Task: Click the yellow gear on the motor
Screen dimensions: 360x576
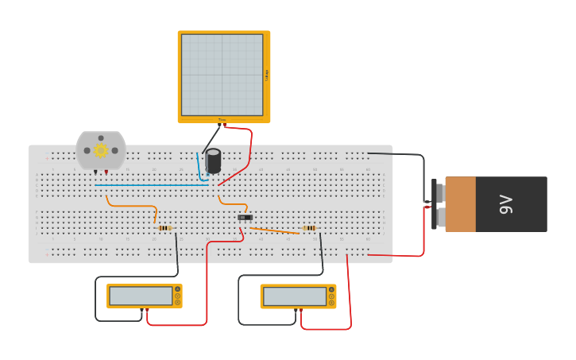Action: coord(101,150)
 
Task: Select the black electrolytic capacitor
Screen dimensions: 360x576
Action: coord(213,161)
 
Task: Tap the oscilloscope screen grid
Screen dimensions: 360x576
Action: coord(222,75)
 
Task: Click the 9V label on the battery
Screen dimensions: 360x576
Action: coord(506,204)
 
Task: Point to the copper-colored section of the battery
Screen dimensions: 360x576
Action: coord(461,204)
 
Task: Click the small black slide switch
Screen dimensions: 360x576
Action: coord(245,217)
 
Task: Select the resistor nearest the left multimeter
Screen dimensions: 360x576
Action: coord(165,228)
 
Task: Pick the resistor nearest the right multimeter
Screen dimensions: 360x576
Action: coord(309,228)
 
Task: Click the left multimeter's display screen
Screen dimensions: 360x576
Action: coord(141,296)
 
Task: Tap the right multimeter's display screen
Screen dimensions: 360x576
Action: coord(294,296)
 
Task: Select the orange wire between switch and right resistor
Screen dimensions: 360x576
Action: coord(274,230)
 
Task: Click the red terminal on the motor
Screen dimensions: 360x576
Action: coord(106,172)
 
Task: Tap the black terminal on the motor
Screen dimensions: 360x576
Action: coord(95,172)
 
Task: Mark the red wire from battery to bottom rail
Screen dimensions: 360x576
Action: coord(397,256)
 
